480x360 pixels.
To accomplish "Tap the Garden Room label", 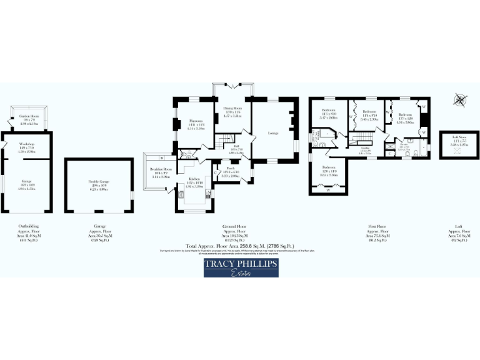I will tap(29, 120).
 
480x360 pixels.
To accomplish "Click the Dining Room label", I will tap(232, 111).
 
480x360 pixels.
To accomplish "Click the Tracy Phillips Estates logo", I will tap(241, 267).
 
